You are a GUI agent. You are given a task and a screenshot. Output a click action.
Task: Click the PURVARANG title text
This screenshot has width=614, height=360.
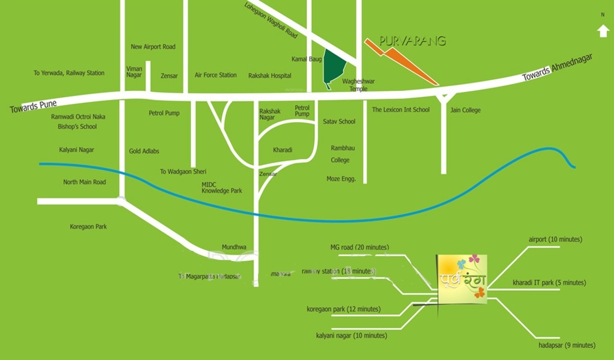pyautogui.click(x=413, y=41)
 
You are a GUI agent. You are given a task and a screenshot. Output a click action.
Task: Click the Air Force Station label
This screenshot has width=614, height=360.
pyautogui.click(x=215, y=75)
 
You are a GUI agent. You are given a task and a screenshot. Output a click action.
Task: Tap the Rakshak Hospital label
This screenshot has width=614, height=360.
pyautogui.click(x=270, y=76)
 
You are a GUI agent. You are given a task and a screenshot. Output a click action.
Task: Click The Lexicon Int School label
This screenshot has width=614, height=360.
pyautogui.click(x=401, y=110)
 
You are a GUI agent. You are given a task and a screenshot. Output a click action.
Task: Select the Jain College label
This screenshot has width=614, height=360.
pyautogui.click(x=465, y=110)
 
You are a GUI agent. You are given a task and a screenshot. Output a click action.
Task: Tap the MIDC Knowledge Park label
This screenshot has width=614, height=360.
pyautogui.click(x=222, y=187)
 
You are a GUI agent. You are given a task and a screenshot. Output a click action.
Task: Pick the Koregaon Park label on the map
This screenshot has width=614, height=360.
pyautogui.click(x=88, y=227)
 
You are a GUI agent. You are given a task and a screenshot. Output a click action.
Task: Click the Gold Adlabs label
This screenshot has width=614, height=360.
pyautogui.click(x=144, y=151)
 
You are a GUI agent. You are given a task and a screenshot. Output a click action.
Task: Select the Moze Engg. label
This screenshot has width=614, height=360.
pyautogui.click(x=341, y=179)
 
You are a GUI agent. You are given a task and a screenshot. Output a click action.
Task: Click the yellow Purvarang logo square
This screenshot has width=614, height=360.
pyautogui.click(x=462, y=279)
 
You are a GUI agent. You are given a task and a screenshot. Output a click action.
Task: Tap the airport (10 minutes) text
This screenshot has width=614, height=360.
pyautogui.click(x=555, y=239)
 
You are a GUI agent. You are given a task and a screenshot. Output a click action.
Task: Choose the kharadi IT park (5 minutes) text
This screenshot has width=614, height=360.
pyautogui.click(x=550, y=283)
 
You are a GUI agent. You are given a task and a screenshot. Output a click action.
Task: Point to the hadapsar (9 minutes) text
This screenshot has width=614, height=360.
pyautogui.click(x=566, y=346)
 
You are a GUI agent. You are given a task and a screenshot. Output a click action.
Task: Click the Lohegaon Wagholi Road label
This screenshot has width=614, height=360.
pyautogui.click(x=271, y=20)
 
